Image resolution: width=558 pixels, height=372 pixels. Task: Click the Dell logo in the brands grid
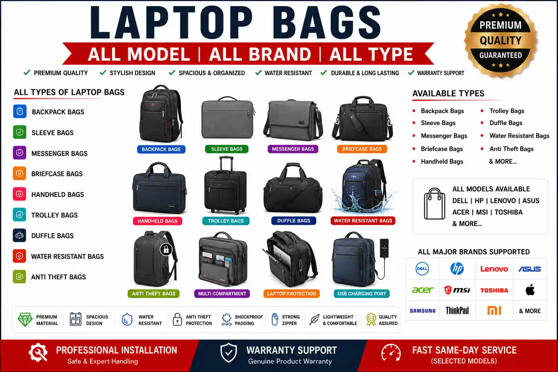pyautogui.click(x=422, y=268)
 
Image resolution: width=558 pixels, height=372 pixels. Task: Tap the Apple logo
pyautogui.click(x=530, y=290)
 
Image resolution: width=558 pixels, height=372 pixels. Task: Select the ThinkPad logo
pyautogui.click(x=457, y=311)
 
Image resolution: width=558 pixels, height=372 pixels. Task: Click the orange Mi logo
pyautogui.click(x=494, y=311)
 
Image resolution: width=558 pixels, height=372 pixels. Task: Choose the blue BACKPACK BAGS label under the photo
pyautogui.click(x=161, y=149)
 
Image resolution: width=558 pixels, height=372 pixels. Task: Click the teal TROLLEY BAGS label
pyautogui.click(x=226, y=221)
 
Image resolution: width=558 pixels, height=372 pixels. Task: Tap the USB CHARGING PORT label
pyautogui.click(x=362, y=294)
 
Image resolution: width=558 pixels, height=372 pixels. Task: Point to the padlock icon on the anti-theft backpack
pyautogui.click(x=166, y=249)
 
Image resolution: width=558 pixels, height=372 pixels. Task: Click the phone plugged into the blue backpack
pyautogui.click(x=384, y=248)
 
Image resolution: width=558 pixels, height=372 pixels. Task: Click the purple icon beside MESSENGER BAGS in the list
pyautogui.click(x=19, y=153)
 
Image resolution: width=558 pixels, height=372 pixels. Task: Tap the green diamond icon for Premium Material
pyautogui.click(x=25, y=319)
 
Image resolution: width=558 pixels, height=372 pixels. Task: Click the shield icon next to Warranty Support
pyautogui.click(x=229, y=353)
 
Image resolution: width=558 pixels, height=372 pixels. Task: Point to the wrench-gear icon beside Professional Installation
pyautogui.click(x=38, y=352)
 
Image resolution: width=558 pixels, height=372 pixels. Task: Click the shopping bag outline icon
pyautogui.click(x=434, y=204)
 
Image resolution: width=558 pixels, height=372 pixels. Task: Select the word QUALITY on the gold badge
pyautogui.click(x=501, y=40)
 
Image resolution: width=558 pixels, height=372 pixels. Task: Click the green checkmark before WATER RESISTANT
pyautogui.click(x=258, y=73)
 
